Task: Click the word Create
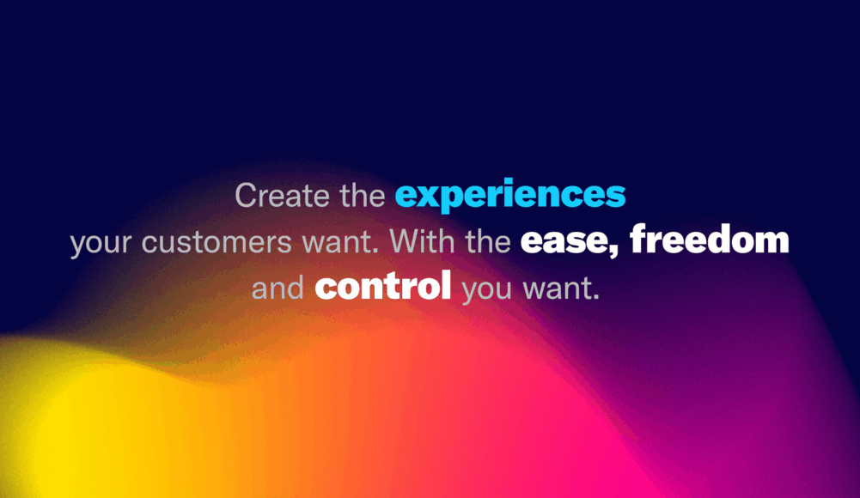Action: (x=283, y=196)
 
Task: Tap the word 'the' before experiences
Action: (x=363, y=196)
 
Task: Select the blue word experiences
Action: (x=510, y=196)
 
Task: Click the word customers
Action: (x=217, y=241)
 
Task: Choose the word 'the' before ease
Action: (x=488, y=240)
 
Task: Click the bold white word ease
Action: (x=566, y=242)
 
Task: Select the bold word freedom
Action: (x=709, y=239)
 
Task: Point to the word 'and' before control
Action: (x=278, y=288)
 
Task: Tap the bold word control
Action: (x=383, y=285)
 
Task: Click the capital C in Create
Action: (x=247, y=196)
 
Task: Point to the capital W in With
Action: (x=406, y=241)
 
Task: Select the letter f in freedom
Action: (x=639, y=239)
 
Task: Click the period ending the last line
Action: (x=596, y=297)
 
